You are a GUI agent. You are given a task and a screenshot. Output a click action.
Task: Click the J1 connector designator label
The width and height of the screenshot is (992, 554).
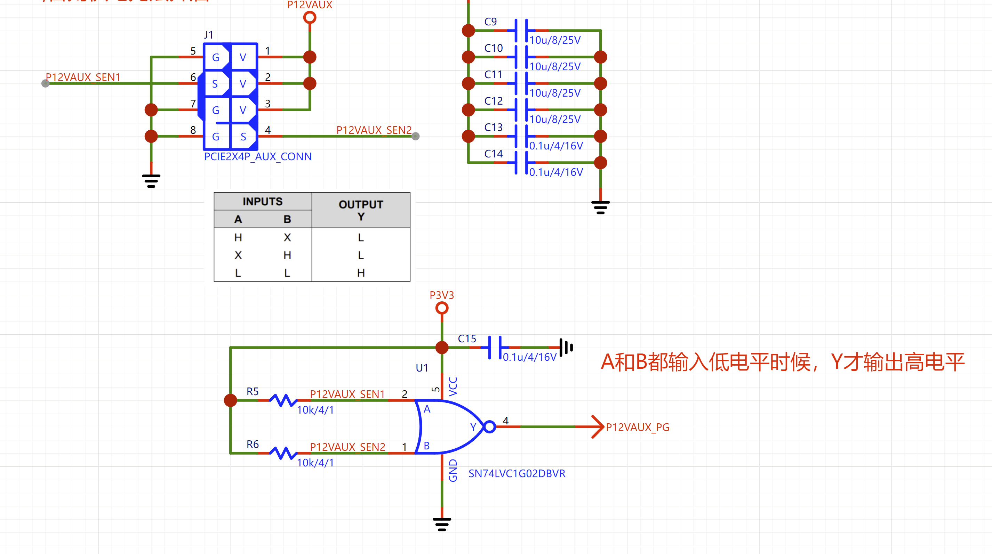(x=208, y=35)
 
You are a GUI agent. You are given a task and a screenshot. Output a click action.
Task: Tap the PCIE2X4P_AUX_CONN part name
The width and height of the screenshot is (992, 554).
(x=258, y=157)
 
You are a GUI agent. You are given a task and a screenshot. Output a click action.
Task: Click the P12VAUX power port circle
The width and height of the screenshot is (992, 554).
(x=310, y=17)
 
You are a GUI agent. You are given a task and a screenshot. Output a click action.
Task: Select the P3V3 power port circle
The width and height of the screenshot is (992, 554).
(x=442, y=308)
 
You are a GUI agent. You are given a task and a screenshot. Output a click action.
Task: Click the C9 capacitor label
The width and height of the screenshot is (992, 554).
(x=490, y=22)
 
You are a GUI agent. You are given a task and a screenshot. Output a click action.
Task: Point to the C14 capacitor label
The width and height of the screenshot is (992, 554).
(x=493, y=154)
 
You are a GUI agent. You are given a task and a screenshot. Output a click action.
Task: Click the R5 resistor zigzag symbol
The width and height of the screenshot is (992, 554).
(x=283, y=400)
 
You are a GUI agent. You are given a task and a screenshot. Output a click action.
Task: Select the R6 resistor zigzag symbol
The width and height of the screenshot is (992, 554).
(x=283, y=453)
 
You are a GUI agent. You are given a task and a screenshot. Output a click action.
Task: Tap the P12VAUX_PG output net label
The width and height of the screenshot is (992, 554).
(x=637, y=427)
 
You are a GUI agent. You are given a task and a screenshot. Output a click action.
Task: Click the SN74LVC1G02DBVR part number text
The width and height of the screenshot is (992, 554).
(x=517, y=474)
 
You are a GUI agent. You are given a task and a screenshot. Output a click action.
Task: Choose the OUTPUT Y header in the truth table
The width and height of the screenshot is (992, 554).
(x=361, y=210)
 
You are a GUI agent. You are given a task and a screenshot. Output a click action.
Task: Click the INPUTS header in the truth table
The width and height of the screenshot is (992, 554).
(x=263, y=201)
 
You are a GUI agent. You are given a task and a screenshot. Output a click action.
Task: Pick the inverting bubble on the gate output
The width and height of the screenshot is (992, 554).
(x=489, y=427)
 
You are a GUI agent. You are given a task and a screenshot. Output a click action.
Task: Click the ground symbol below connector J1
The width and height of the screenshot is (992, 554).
(x=151, y=181)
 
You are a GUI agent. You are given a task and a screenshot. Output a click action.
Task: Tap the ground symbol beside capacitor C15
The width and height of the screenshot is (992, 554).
(x=567, y=348)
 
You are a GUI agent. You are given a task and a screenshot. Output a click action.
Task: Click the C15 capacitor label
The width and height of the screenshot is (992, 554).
(x=467, y=339)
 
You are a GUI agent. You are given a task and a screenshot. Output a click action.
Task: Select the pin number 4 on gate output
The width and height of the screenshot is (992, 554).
(x=506, y=421)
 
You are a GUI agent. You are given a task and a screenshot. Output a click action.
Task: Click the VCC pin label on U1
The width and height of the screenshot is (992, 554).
(x=453, y=386)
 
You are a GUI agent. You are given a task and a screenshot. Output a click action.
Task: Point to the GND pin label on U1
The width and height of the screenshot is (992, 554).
(x=453, y=470)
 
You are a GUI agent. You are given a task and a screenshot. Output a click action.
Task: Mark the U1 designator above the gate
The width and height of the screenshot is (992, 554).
(x=422, y=368)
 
